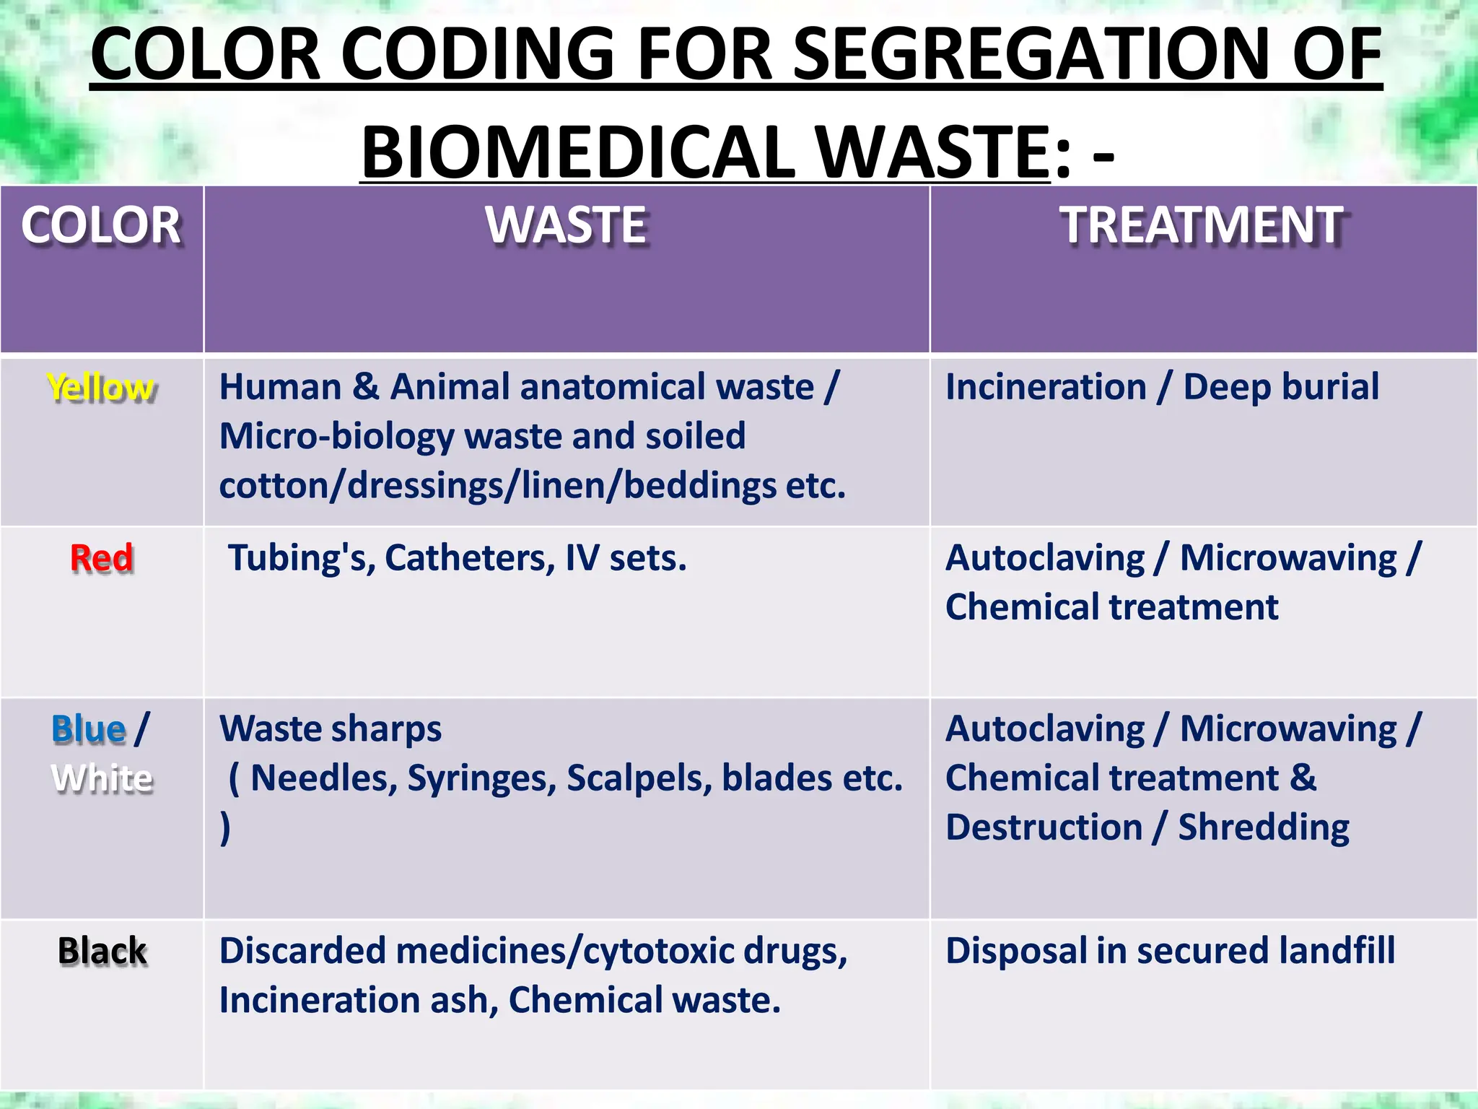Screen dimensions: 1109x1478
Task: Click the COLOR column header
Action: pyautogui.click(x=101, y=225)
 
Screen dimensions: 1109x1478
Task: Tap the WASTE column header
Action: pyautogui.click(x=567, y=225)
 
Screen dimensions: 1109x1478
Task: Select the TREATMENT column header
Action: pyautogui.click(x=1202, y=225)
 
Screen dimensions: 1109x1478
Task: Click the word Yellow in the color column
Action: pyautogui.click(x=101, y=388)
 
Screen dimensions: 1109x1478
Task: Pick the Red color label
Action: pyautogui.click(x=102, y=558)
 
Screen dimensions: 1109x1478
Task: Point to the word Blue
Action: pyautogui.click(x=89, y=729)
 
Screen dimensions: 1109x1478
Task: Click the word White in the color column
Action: pyautogui.click(x=102, y=778)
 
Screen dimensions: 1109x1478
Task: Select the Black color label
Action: pyautogui.click(x=102, y=951)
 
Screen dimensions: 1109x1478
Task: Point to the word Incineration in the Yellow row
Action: pyautogui.click(x=1046, y=387)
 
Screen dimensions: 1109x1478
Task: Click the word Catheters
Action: pyautogui.click(x=470, y=558)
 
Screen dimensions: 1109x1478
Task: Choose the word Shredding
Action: pyautogui.click(x=1264, y=827)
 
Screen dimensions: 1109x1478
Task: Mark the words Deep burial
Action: pyautogui.click(x=1281, y=387)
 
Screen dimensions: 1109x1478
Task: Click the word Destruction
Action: pyautogui.click(x=1044, y=827)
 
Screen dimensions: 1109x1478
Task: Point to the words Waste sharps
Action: pyautogui.click(x=331, y=729)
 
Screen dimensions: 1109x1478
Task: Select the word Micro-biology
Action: pyautogui.click(x=336, y=437)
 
